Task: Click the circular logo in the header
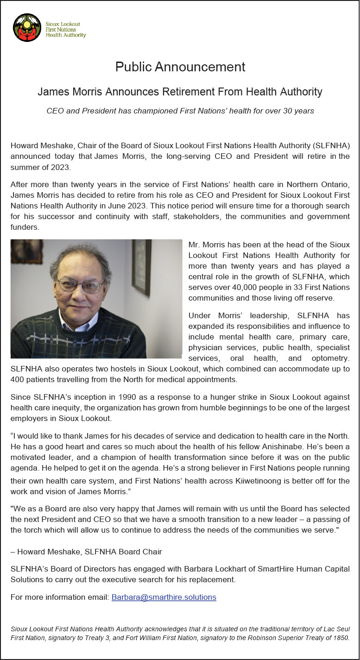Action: [x=27, y=28]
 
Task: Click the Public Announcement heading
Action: [x=180, y=67]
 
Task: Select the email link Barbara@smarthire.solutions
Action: [x=164, y=597]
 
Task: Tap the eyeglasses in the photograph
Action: [x=81, y=284]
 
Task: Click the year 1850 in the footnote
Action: [x=341, y=638]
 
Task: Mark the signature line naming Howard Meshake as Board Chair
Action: [x=86, y=551]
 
